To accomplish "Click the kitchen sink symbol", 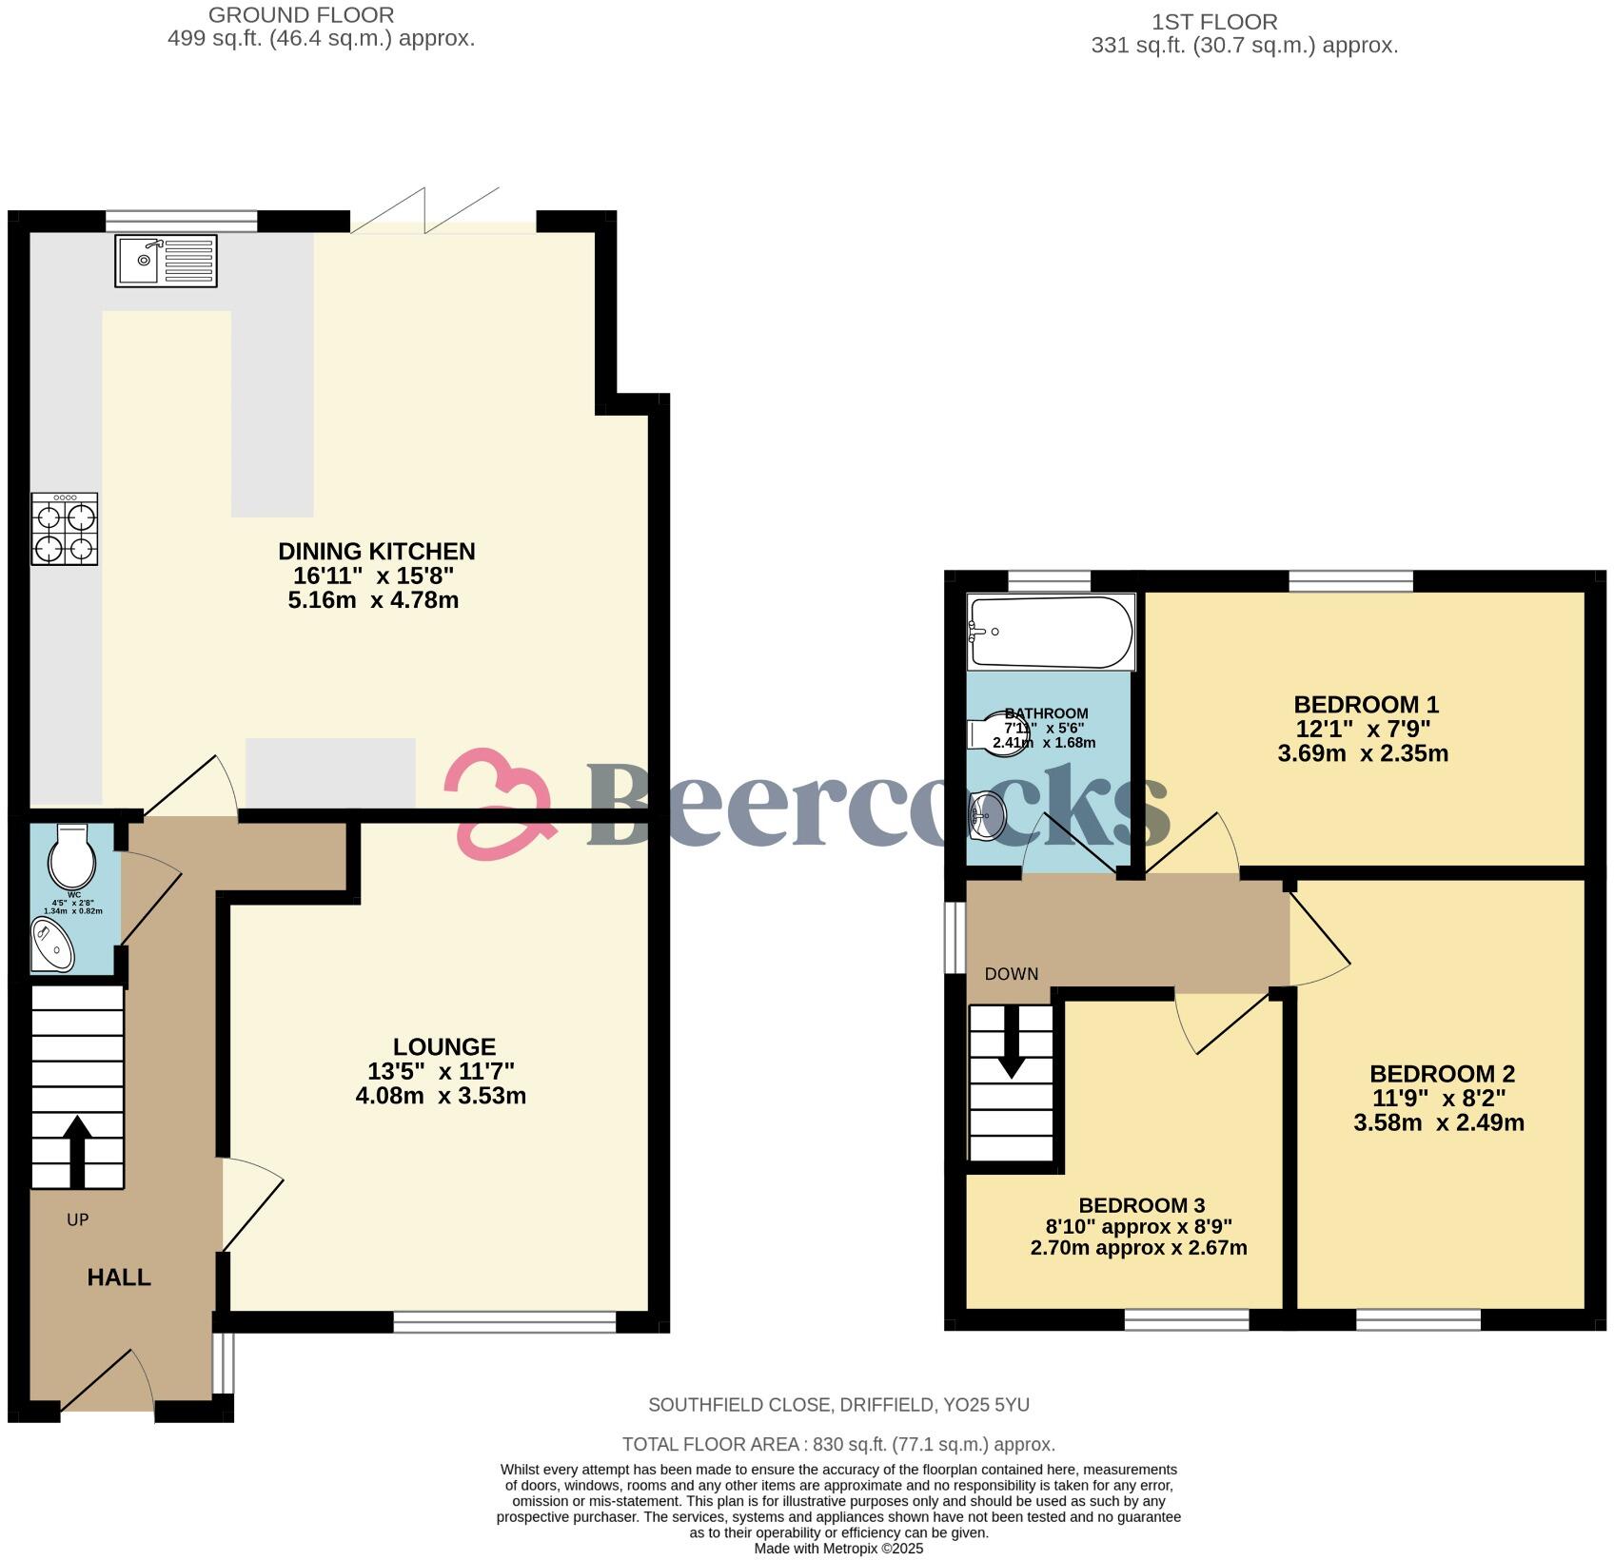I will [x=166, y=261].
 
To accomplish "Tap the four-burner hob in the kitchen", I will [x=65, y=529].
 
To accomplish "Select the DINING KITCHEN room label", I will [x=376, y=551].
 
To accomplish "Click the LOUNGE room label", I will [x=443, y=1046].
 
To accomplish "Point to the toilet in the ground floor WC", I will [x=72, y=856].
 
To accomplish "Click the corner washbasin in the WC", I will [x=51, y=946].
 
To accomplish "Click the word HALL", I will [x=119, y=1277].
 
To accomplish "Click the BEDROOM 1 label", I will [x=1366, y=705].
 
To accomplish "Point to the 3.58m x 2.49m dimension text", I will [x=1438, y=1122].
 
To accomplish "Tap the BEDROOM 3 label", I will [x=1141, y=1206].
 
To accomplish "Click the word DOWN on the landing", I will [x=1011, y=974].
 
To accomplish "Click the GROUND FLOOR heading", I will [x=301, y=15].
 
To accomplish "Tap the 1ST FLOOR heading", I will [x=1214, y=21].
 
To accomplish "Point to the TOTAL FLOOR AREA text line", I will [x=838, y=1444].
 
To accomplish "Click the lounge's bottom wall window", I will [x=504, y=1322].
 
